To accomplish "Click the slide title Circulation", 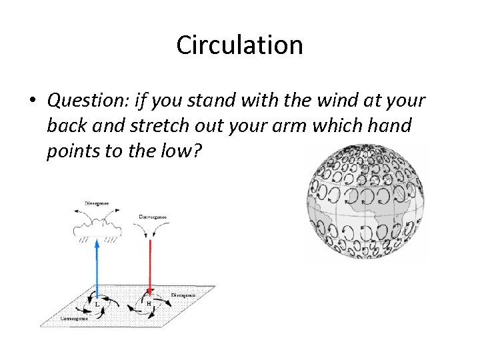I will (239, 45).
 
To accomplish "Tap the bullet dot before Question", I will (33, 101).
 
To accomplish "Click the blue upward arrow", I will (97, 267).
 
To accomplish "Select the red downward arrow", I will (150, 267).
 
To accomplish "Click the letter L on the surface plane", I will (97, 305).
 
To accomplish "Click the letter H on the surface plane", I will (149, 303).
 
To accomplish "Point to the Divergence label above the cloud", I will (97, 203).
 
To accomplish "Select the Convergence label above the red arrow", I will (153, 217).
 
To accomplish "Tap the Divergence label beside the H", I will (183, 295).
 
